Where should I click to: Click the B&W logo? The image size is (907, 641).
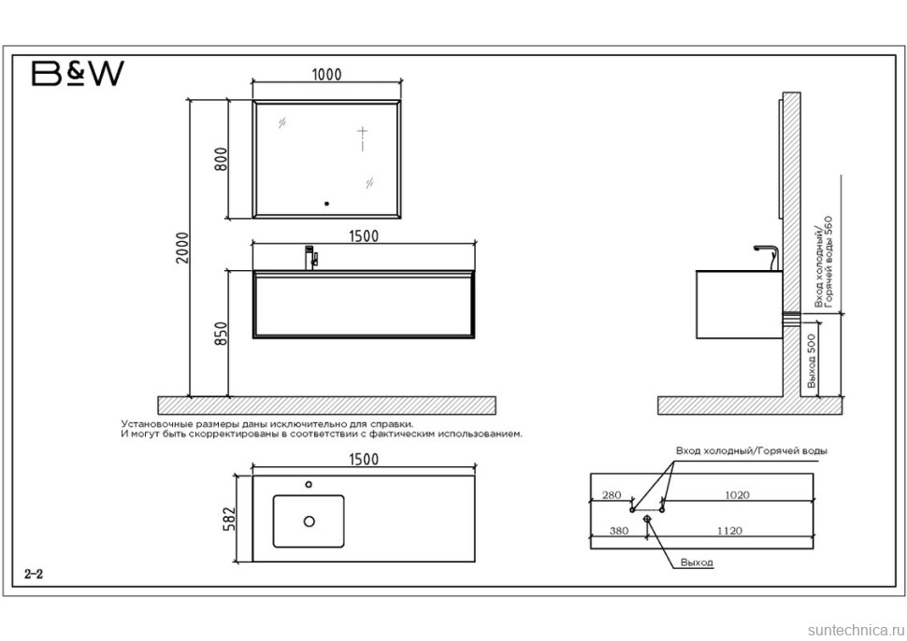[78, 74]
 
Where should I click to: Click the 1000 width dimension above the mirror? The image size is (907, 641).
[327, 75]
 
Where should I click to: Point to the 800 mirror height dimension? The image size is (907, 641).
[221, 159]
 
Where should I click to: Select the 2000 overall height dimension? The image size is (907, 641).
[182, 248]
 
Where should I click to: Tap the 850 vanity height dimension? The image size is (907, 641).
[221, 334]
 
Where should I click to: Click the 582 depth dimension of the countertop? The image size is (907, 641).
[230, 519]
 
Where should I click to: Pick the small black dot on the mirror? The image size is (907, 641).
[327, 204]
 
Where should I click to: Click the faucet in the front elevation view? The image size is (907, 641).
[311, 258]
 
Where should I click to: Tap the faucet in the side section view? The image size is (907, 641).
[768, 257]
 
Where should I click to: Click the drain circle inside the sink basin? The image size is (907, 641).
[309, 521]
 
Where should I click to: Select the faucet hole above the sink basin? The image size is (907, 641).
[309, 484]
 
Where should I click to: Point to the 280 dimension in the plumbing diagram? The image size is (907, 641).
[612, 495]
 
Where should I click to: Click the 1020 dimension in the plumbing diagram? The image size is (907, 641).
[737, 495]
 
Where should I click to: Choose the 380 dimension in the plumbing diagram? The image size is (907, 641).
[618, 531]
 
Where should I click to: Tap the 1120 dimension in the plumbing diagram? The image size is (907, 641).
[729, 531]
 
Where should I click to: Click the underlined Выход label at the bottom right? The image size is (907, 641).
[697, 563]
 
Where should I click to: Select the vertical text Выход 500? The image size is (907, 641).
[812, 361]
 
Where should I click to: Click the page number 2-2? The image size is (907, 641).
[34, 574]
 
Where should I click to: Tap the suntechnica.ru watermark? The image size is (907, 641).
[854, 630]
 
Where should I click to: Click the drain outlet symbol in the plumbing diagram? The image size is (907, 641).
[647, 519]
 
